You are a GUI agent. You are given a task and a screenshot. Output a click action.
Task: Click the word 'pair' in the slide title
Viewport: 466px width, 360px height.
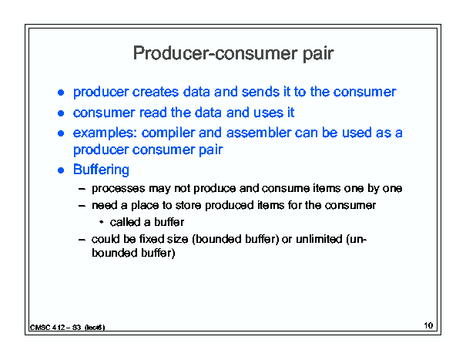point(318,54)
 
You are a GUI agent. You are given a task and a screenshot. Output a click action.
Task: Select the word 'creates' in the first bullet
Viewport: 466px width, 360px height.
point(155,92)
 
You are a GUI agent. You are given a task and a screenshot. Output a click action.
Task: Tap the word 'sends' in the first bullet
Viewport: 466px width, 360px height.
point(260,92)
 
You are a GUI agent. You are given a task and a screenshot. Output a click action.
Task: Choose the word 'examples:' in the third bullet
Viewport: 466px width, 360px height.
point(105,133)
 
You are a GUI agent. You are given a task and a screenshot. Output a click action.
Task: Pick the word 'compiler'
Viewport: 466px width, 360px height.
point(168,133)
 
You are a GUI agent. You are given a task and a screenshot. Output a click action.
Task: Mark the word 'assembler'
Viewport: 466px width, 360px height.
point(259,133)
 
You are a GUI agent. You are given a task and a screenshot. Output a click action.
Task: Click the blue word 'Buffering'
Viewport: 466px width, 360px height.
point(101,170)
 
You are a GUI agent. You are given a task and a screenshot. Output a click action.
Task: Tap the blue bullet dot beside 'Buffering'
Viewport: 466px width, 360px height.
point(61,170)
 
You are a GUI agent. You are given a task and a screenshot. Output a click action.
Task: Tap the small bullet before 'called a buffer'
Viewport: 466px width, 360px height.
point(102,222)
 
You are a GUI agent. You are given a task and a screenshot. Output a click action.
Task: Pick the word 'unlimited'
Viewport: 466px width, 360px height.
point(319,239)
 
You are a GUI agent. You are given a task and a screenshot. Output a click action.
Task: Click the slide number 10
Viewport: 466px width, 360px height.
point(428,325)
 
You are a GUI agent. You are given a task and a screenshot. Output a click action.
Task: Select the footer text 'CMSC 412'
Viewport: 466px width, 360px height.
point(48,328)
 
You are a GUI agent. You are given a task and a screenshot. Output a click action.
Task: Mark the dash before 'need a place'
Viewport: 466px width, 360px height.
point(82,206)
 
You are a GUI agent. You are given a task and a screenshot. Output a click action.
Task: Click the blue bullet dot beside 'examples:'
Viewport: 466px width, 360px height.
point(61,133)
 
